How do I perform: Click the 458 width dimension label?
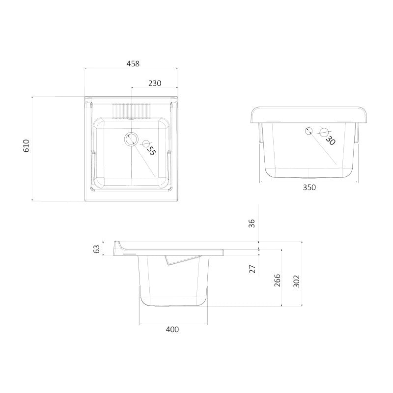tap(133, 64)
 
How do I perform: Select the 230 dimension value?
tap(155, 83)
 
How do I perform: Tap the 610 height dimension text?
tap(27, 146)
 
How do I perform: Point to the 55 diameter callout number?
tap(151, 150)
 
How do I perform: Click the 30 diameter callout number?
tap(331, 140)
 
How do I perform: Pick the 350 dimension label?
tap(309, 188)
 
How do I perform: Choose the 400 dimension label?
tap(172, 329)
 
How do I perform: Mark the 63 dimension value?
tap(96, 249)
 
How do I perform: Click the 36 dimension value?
tap(252, 224)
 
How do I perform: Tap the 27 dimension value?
tap(253, 269)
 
